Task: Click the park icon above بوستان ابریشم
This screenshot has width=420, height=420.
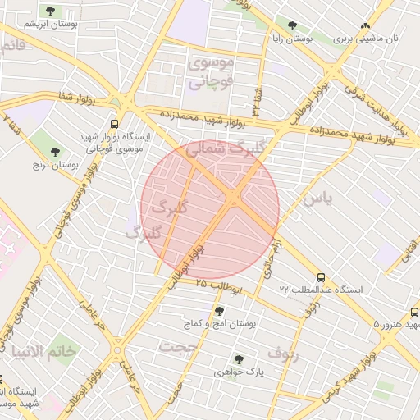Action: click(x=51, y=11)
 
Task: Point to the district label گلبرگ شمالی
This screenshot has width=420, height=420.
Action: click(x=216, y=149)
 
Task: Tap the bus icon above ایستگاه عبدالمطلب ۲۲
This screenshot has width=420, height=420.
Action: click(x=320, y=277)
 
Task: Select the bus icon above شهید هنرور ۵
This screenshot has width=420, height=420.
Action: click(x=414, y=313)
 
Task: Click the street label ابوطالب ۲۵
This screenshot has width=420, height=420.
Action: click(x=220, y=286)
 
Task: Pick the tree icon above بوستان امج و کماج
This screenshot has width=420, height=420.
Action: click(x=218, y=311)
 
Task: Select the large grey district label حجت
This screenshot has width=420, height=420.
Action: click(x=180, y=346)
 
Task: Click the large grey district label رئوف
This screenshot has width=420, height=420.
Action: click(x=283, y=354)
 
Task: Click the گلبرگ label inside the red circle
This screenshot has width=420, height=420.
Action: click(x=171, y=208)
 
